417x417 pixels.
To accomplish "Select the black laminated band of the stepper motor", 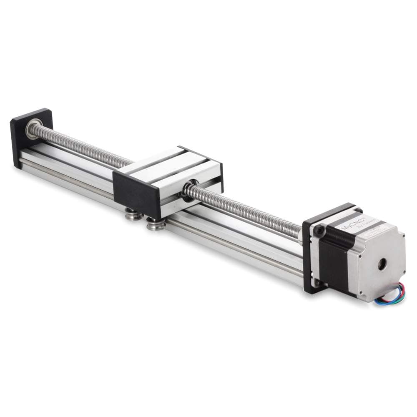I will [x=334, y=259].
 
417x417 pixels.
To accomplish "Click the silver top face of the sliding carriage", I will [x=167, y=167].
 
